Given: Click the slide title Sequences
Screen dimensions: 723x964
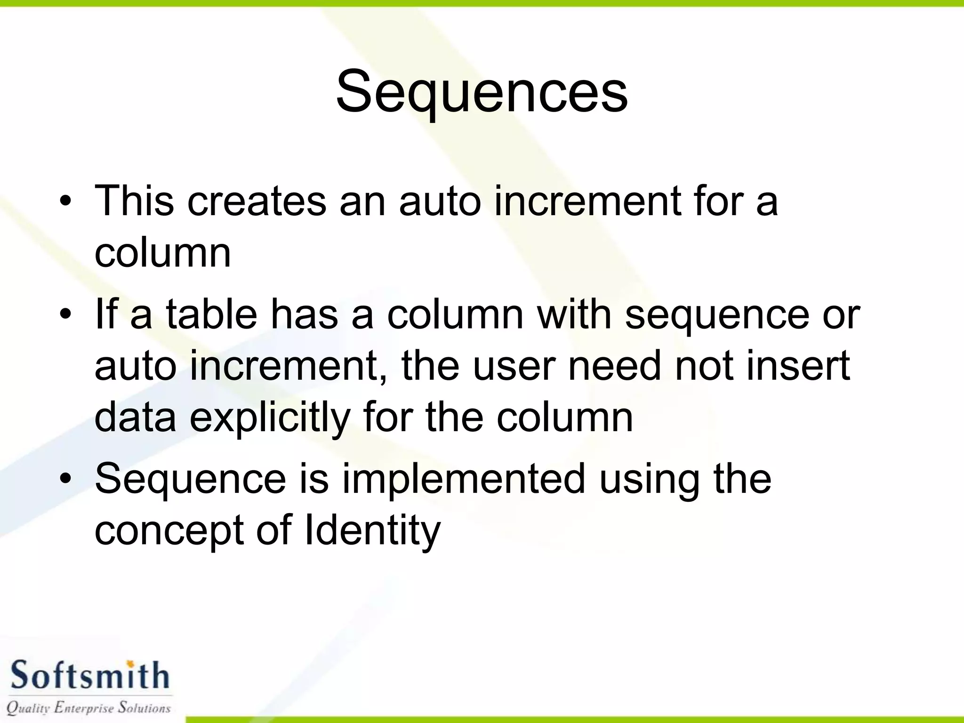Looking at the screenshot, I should (482, 92).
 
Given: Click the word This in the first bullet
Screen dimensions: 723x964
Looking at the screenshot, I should (134, 201).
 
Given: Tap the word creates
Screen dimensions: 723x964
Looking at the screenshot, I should (257, 201).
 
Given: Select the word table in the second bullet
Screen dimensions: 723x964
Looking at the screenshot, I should (211, 314).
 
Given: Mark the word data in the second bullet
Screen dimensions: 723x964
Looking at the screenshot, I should (136, 417).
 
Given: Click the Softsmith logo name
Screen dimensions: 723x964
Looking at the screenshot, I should (89, 676).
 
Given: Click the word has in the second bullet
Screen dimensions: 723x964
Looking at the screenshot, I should (304, 314).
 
